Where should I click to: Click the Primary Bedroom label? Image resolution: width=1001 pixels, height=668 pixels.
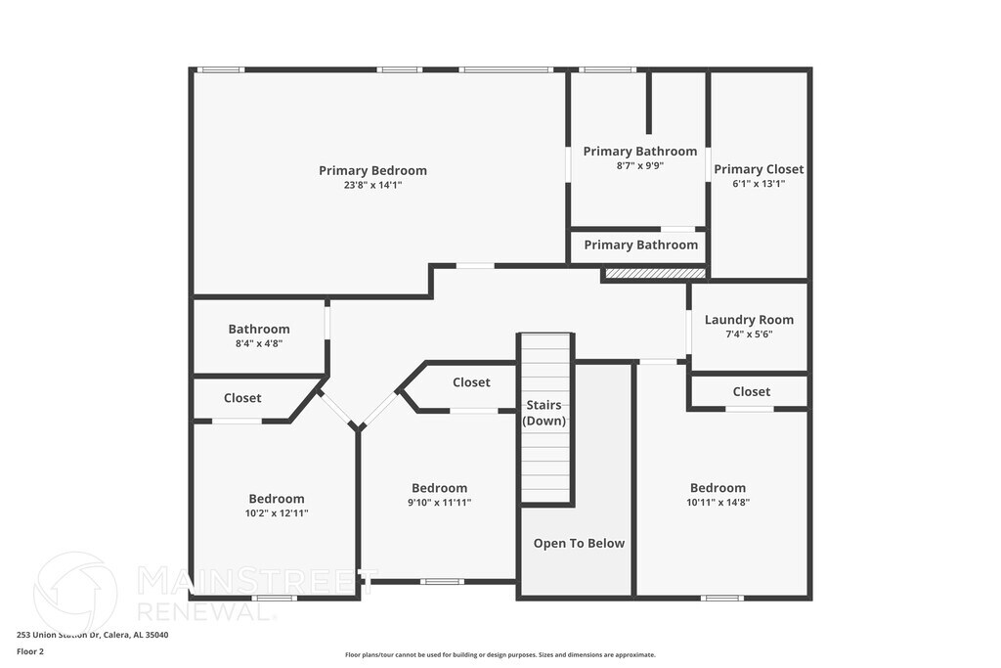tap(372, 171)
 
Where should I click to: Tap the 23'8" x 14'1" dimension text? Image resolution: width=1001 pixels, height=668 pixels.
tap(372, 185)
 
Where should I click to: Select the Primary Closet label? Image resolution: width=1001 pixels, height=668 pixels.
tap(759, 169)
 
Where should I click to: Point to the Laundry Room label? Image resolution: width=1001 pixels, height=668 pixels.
tap(749, 320)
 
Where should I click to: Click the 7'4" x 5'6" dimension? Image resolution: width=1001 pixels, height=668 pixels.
tap(749, 334)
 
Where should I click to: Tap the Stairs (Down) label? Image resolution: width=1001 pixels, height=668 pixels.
tap(544, 413)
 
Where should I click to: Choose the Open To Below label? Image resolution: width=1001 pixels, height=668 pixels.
tap(579, 544)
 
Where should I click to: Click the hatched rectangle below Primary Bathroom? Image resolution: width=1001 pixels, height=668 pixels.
tap(655, 273)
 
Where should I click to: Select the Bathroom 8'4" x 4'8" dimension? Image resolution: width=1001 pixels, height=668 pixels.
tap(259, 343)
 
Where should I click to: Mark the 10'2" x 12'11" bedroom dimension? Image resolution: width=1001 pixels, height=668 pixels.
tap(277, 512)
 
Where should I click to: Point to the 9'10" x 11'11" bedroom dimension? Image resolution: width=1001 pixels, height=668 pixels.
tap(439, 502)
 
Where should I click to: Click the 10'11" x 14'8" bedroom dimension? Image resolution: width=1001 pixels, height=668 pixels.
tap(718, 502)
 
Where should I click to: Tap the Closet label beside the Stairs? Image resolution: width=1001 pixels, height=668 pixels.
tap(471, 382)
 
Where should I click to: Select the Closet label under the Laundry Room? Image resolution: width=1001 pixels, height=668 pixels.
tap(751, 391)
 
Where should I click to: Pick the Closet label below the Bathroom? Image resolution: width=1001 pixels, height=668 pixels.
tap(242, 398)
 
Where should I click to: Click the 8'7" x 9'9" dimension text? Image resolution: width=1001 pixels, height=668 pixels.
tap(639, 165)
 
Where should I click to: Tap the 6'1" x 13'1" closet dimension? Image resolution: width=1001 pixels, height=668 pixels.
tap(759, 183)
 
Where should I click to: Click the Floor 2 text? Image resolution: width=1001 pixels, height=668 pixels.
tap(30, 650)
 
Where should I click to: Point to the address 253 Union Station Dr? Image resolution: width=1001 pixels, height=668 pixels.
tap(92, 635)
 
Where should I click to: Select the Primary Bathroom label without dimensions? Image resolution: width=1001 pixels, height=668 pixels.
tap(640, 245)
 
